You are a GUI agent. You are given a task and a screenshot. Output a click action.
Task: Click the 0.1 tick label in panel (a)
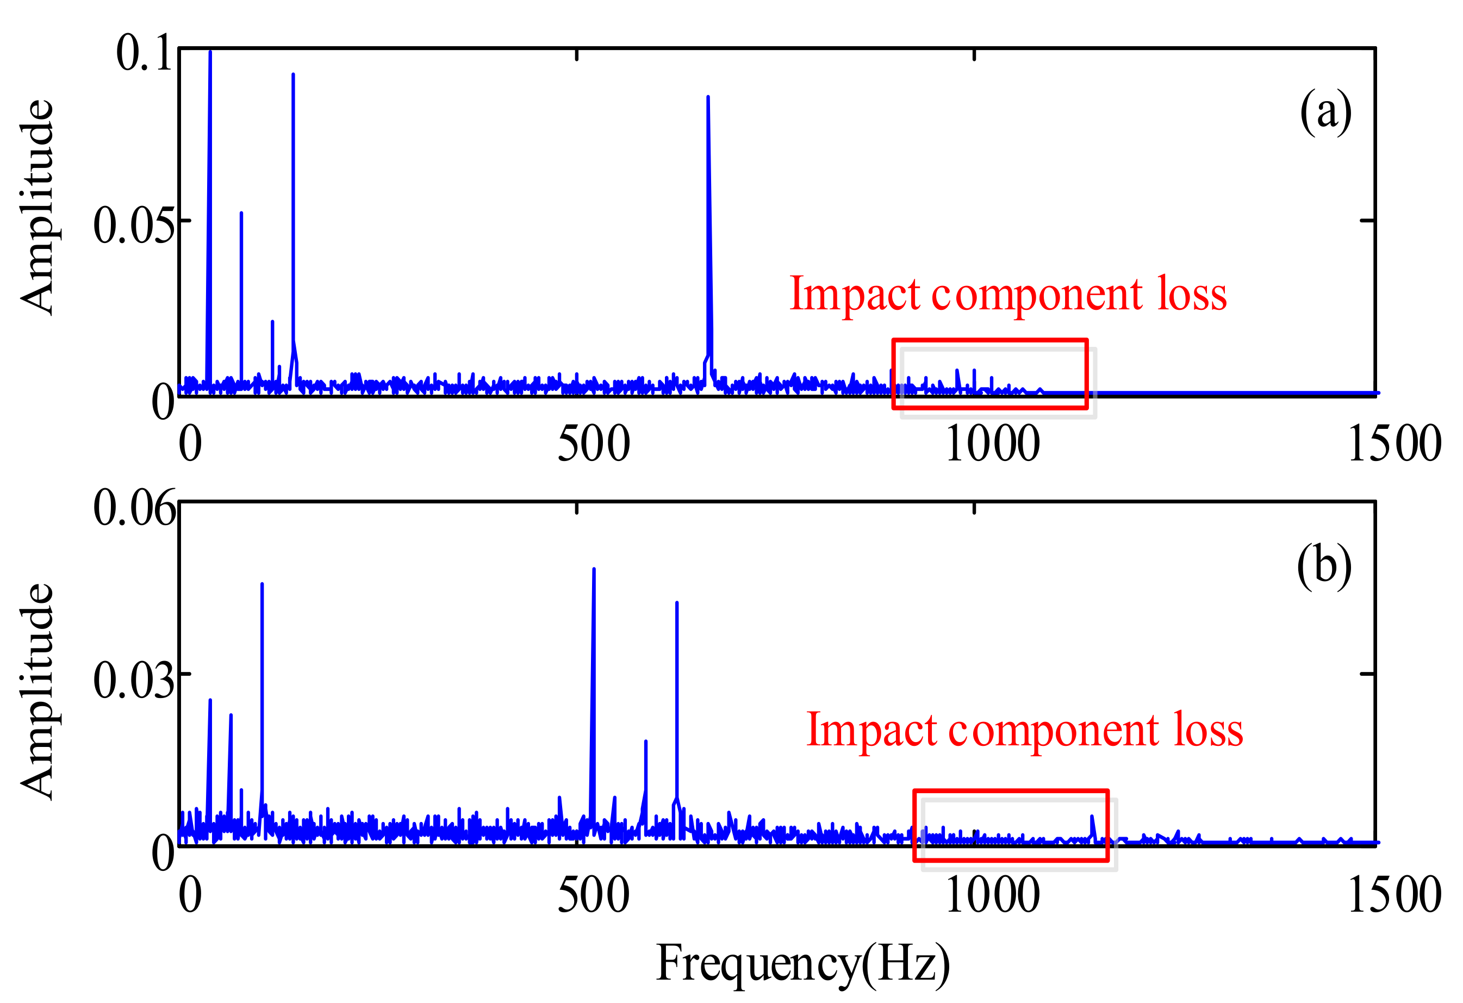[x=144, y=53]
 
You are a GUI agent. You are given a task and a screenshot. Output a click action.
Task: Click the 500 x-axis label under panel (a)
[x=593, y=444]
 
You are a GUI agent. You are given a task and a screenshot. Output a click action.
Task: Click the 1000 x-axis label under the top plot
[x=993, y=444]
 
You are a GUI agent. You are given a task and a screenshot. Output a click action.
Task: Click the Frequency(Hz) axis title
[x=802, y=964]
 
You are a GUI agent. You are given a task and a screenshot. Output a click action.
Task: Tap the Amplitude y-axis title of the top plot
[x=36, y=208]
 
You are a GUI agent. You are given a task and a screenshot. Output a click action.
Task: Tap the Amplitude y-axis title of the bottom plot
[x=36, y=691]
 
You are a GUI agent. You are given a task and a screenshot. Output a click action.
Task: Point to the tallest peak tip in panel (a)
[x=210, y=52]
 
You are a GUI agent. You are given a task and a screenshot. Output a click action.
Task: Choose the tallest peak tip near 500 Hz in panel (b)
[x=594, y=569]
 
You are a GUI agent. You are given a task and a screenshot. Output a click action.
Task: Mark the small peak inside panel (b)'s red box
[x=1092, y=817]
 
